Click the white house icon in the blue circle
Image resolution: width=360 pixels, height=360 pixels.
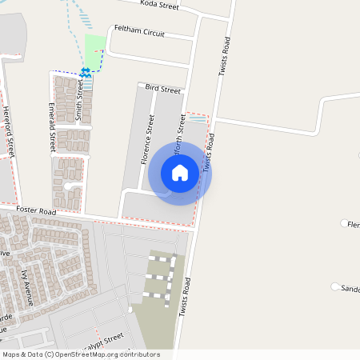pos(180,173)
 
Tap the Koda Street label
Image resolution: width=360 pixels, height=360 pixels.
pos(160,5)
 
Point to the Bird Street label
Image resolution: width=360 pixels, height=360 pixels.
pos(162,90)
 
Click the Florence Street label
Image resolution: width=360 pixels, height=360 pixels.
pos(147,139)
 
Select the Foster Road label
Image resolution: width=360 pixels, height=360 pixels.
pos(35,211)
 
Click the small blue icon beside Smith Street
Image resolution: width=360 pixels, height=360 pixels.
pos(85,73)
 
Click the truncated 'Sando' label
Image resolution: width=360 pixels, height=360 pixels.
pos(350,288)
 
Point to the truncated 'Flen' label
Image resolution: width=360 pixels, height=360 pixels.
pos(353,225)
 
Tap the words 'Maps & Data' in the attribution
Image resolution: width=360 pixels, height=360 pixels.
pos(21,354)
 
